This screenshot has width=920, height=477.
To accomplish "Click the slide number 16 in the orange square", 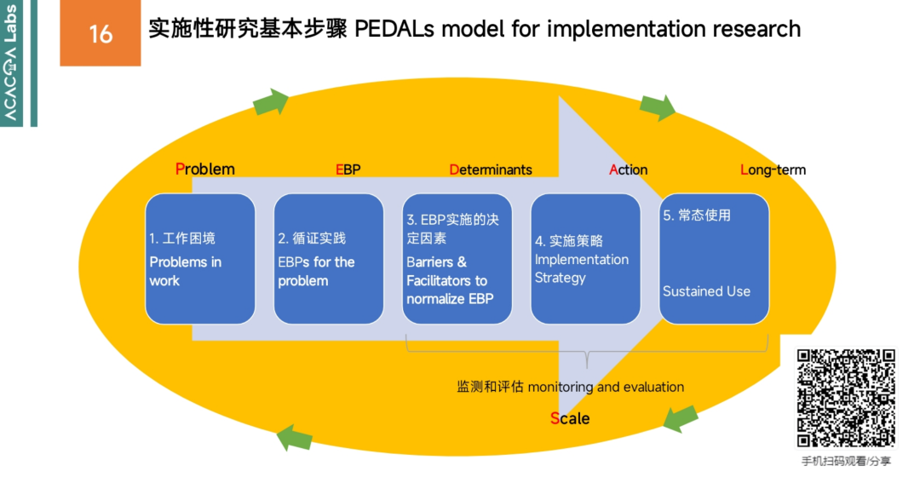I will [101, 33].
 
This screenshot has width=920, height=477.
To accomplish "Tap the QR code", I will [846, 398].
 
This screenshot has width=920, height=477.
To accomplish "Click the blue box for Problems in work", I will [200, 259].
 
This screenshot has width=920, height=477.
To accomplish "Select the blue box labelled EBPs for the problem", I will [329, 259].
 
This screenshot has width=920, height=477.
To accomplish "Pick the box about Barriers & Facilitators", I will [457, 259].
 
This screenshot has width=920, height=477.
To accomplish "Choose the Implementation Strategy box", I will [585, 259].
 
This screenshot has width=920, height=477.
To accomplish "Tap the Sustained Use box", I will [714, 259].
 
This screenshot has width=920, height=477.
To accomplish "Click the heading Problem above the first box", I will [205, 169].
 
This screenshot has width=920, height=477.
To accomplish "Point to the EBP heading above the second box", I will [348, 170].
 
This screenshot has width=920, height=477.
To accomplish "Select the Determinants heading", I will [491, 170].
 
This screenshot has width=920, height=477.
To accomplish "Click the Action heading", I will [629, 170].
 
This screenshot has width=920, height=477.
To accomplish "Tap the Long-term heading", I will [773, 170].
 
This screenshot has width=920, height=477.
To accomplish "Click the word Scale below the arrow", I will [570, 418].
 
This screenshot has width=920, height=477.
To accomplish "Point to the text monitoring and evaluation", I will [606, 387].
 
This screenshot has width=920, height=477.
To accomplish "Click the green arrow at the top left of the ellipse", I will [272, 103].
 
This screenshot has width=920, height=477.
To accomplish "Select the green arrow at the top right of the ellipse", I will [658, 106].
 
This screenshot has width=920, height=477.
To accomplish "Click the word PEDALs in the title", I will [391, 29].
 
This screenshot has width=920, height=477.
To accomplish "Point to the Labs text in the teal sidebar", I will [13, 22].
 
